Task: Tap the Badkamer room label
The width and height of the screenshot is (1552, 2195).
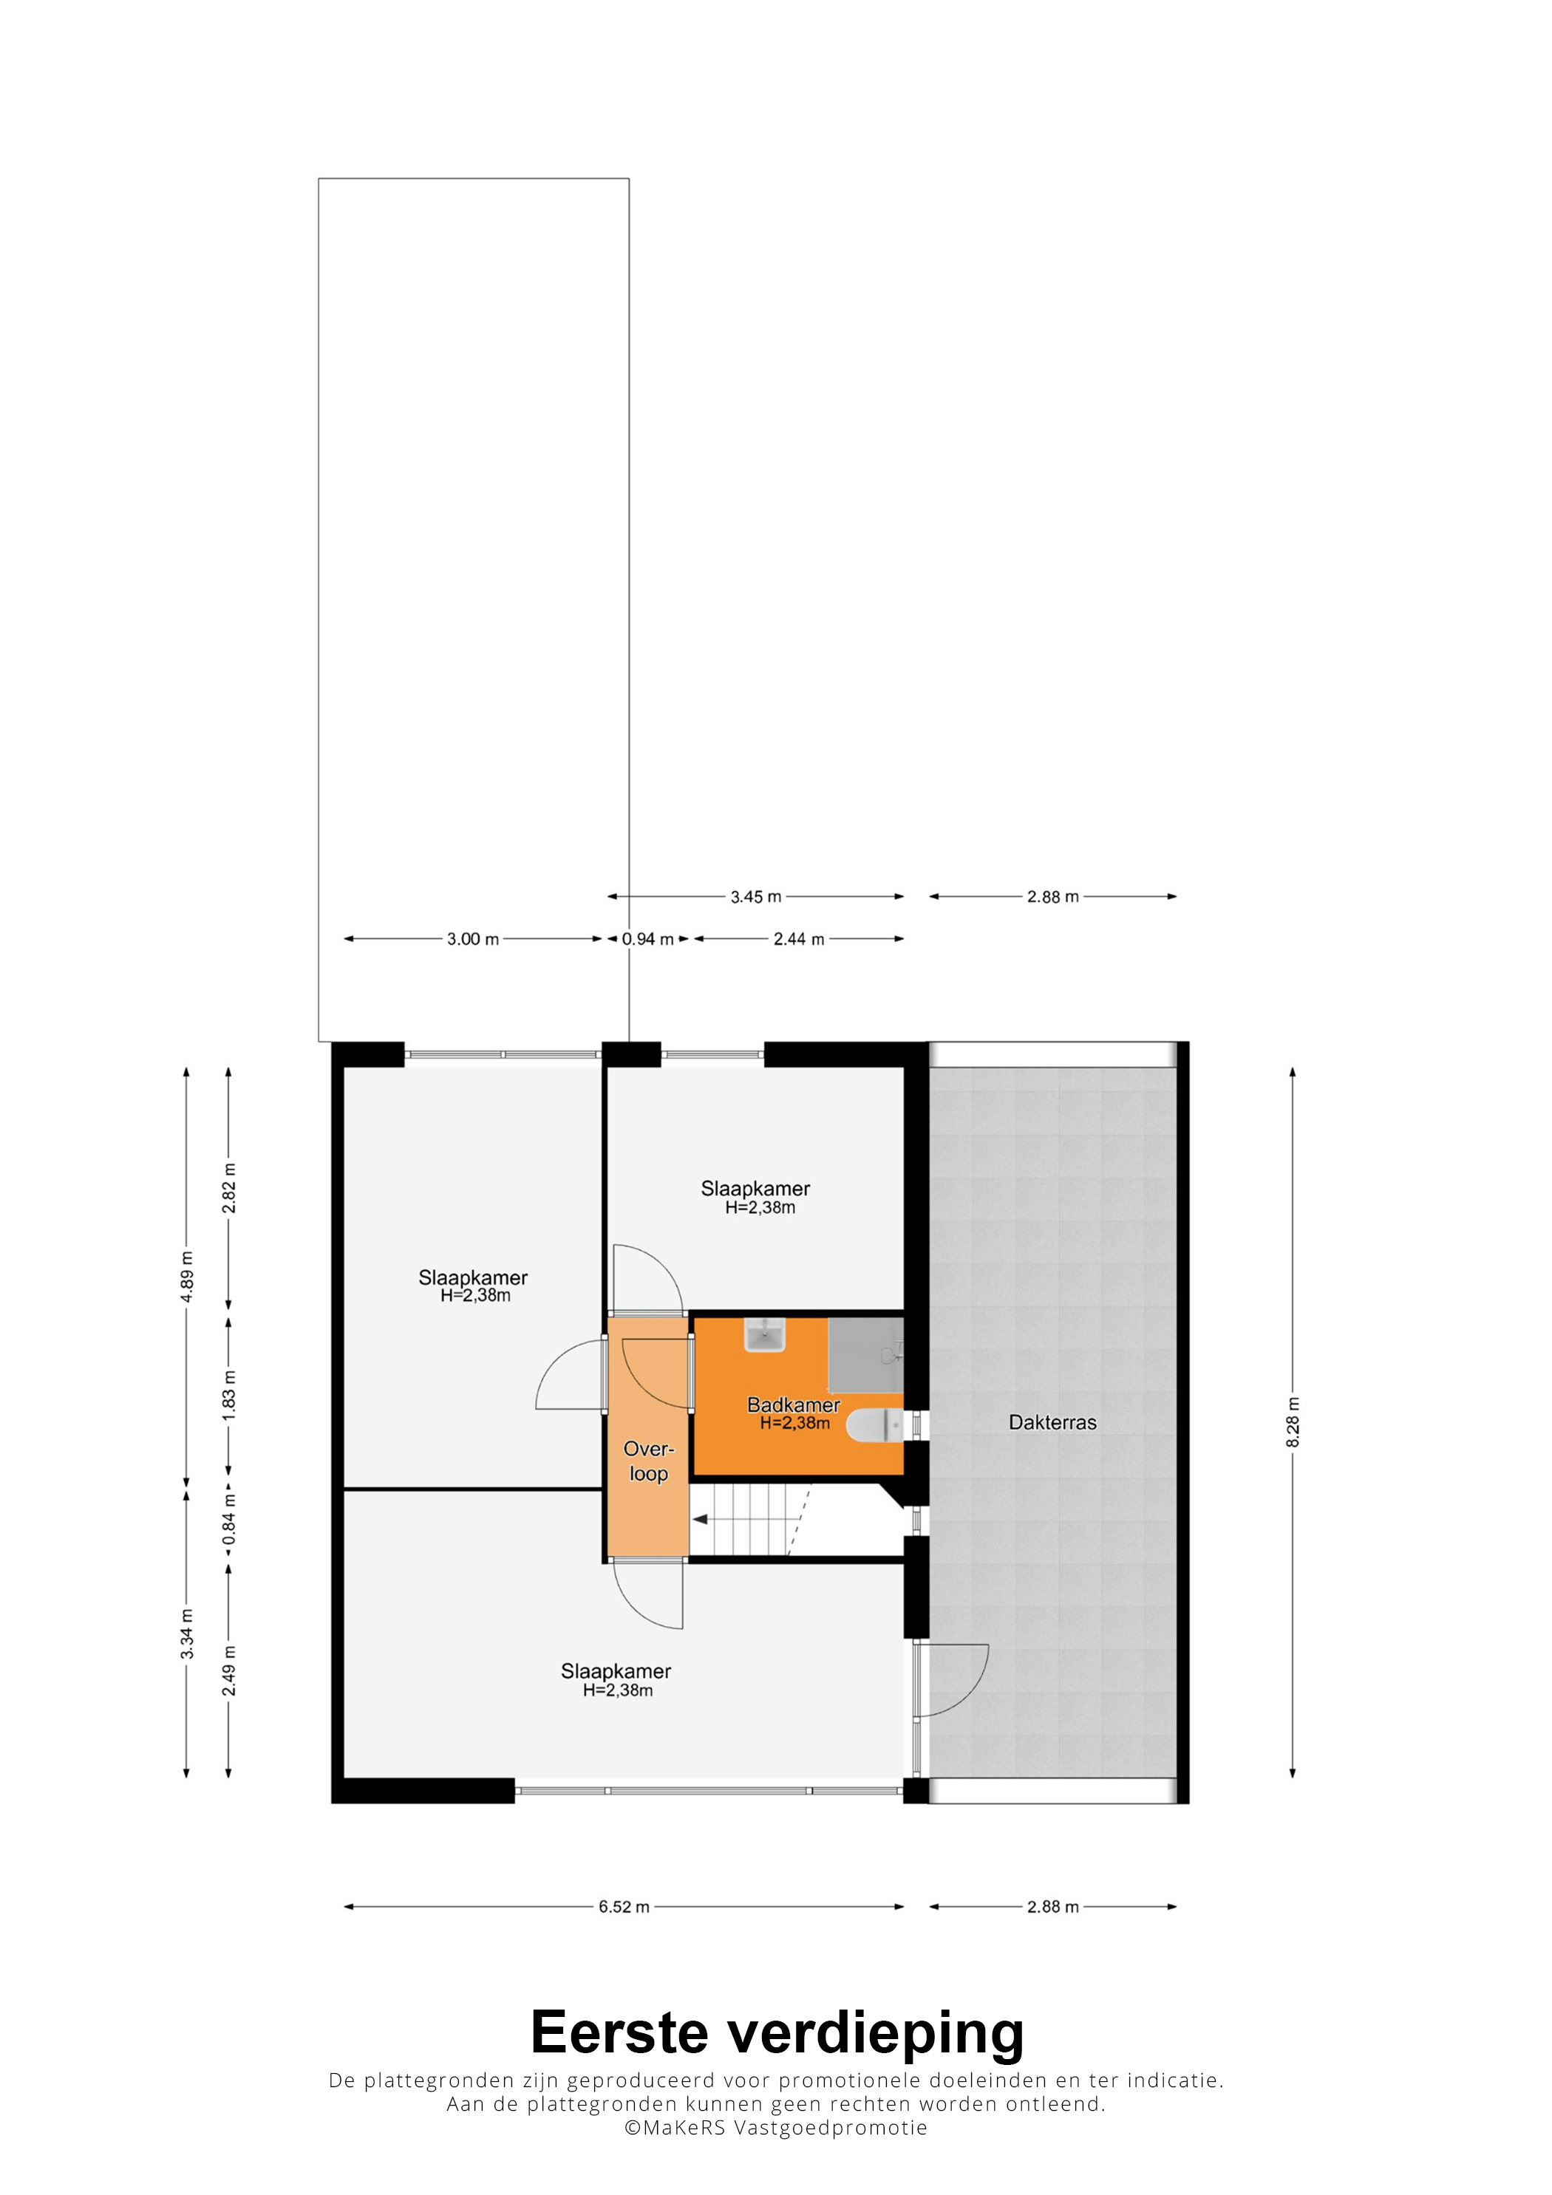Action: [x=793, y=1405]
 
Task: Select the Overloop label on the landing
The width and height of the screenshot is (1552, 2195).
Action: [x=648, y=1461]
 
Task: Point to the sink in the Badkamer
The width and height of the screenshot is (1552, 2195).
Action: [x=764, y=1334]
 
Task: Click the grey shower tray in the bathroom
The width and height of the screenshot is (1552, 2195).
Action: [x=865, y=1355]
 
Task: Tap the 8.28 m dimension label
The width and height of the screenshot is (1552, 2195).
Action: [x=1293, y=1422]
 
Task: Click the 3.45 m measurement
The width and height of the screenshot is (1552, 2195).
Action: [x=755, y=897]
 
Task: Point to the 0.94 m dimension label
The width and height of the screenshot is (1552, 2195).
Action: [x=647, y=939]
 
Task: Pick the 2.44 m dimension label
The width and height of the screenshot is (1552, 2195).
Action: [x=798, y=939]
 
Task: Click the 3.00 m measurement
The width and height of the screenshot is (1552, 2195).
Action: [x=472, y=939]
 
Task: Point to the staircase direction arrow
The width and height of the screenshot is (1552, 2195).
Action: [x=701, y=1519]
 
